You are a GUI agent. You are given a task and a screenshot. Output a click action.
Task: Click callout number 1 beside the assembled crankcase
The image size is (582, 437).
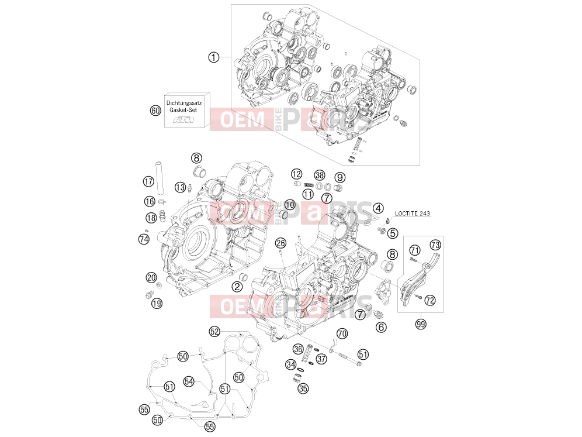click(213, 57)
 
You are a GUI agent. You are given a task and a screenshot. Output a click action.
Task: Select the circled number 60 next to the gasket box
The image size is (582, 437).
click(155, 111)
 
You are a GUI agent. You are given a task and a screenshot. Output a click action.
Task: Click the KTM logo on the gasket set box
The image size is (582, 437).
click(185, 120)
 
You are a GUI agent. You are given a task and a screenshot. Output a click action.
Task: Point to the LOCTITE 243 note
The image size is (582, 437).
click(413, 214)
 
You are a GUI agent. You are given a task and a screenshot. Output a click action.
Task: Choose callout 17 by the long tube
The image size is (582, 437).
click(148, 182)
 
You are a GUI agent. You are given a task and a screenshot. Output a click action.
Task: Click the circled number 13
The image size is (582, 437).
click(181, 187)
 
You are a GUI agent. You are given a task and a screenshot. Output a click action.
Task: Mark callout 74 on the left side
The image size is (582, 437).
click(144, 239)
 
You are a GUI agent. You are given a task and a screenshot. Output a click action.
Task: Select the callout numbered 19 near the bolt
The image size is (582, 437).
click(157, 303)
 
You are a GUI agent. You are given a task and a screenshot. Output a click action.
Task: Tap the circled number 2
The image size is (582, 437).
click(237, 287)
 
